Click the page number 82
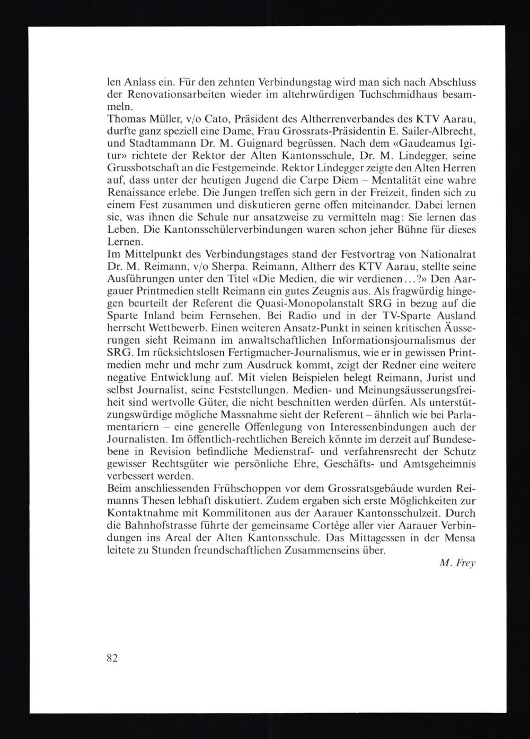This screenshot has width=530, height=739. point(112,658)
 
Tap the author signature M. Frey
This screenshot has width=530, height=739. point(457,563)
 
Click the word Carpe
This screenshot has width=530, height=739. point(302,180)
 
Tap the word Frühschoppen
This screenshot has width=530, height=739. point(241,488)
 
